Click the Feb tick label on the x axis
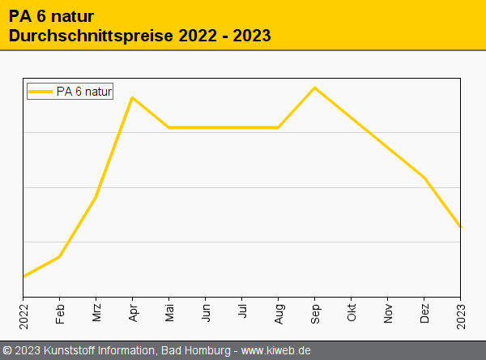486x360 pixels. coord(60,314)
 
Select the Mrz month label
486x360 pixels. coord(96,314)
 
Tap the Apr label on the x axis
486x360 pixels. coord(133,313)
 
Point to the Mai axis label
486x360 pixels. coord(169,313)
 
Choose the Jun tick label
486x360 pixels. coord(206,313)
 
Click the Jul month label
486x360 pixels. coord(242,312)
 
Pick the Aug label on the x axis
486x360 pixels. coord(279,314)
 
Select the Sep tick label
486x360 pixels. coord(315,314)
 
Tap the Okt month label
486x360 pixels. coord(352,313)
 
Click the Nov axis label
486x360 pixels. coord(388,314)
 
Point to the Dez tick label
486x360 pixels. coord(424,314)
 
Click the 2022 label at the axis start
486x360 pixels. coord(23,315)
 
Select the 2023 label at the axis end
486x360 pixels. coord(461,315)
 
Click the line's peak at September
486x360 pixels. coord(314,88)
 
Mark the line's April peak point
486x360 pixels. coord(132,98)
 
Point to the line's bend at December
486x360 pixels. coord(424,178)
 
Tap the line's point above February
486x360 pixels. coord(60,256)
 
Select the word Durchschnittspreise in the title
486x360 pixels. coord(88,36)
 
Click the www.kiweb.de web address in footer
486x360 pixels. coord(276,350)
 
